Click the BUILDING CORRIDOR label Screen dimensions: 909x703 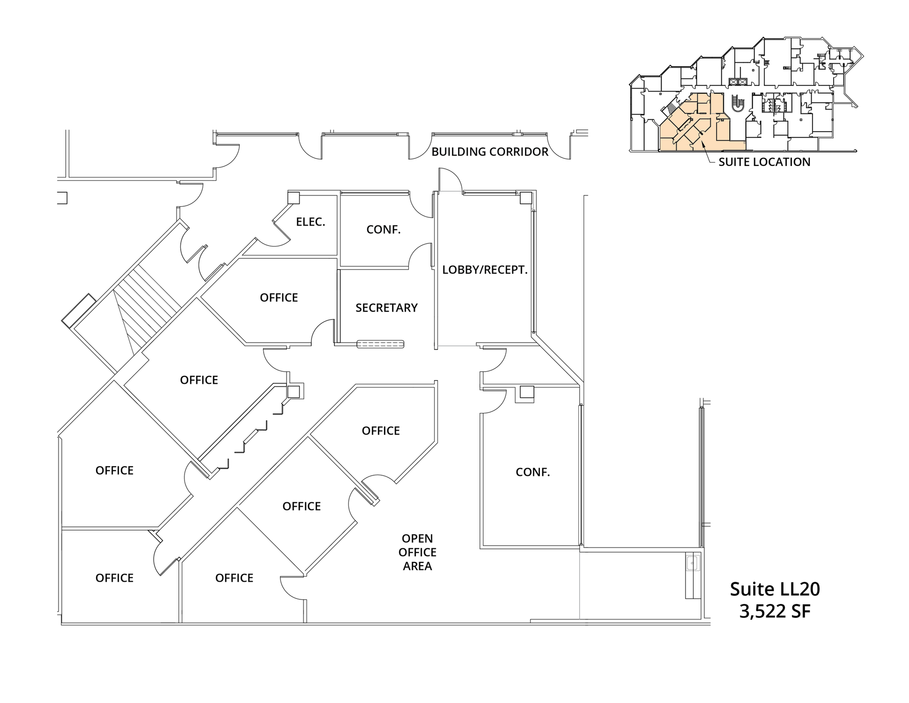click(489, 152)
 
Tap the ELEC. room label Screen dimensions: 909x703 click(310, 222)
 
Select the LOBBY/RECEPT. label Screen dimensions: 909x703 click(485, 270)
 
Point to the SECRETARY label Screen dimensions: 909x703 click(386, 308)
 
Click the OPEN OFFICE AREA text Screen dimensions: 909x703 click(417, 552)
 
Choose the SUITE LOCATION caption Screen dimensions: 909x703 click(764, 162)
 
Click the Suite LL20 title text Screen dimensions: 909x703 click(775, 589)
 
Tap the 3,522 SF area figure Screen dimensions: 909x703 click(775, 611)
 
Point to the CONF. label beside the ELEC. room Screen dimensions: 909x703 click(383, 230)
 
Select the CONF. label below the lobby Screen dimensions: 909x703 click(532, 472)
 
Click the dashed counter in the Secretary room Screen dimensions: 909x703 click(380, 344)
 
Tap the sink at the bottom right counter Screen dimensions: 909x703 click(693, 562)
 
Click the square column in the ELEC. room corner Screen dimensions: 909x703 click(294, 197)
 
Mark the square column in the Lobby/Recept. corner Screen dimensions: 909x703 click(526, 198)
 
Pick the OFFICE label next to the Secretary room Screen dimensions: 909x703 click(279, 298)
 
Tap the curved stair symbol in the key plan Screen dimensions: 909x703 click(738, 103)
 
